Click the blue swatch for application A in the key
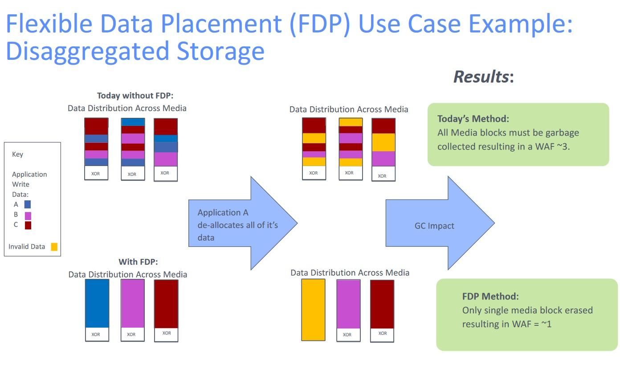pyautogui.click(x=28, y=204)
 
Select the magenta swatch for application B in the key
pyautogui.click(x=28, y=216)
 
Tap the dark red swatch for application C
pyautogui.click(x=28, y=225)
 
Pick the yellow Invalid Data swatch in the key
pyautogui.click(x=54, y=247)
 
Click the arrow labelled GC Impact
pyautogui.click(x=440, y=223)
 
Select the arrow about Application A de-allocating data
pyautogui.click(x=243, y=223)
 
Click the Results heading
pyautogui.click(x=484, y=76)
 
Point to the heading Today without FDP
pyautogui.click(x=135, y=96)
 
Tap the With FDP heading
pyautogui.click(x=138, y=262)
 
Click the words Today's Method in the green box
pyautogui.click(x=473, y=119)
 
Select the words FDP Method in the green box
pyautogui.click(x=490, y=296)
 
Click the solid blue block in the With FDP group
pyautogui.click(x=97, y=303)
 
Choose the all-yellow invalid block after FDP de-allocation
pyautogui.click(x=313, y=310)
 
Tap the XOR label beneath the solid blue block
pyautogui.click(x=96, y=334)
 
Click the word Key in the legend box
pyautogui.click(x=17, y=154)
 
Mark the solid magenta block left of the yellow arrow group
pyautogui.click(x=133, y=303)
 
